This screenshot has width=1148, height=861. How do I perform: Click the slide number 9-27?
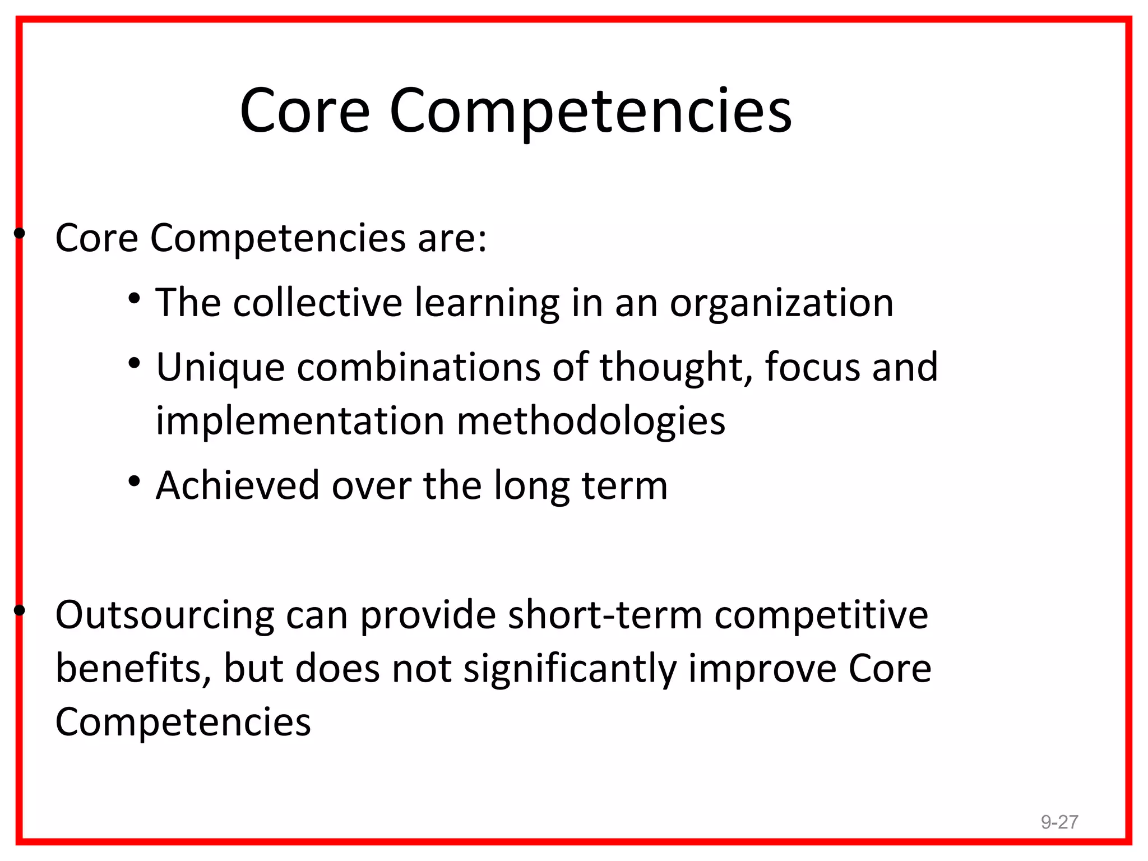1059,822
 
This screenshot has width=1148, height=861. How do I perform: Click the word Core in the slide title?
305,111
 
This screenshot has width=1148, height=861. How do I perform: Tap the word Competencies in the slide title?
590,112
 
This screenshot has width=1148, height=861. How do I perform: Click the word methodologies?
591,422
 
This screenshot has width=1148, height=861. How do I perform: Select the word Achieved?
238,485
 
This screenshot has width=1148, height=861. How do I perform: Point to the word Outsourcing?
165,615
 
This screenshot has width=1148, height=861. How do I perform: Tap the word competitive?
821,615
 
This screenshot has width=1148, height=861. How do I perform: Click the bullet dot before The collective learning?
134,299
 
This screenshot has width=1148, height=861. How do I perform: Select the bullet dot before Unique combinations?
134,363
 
